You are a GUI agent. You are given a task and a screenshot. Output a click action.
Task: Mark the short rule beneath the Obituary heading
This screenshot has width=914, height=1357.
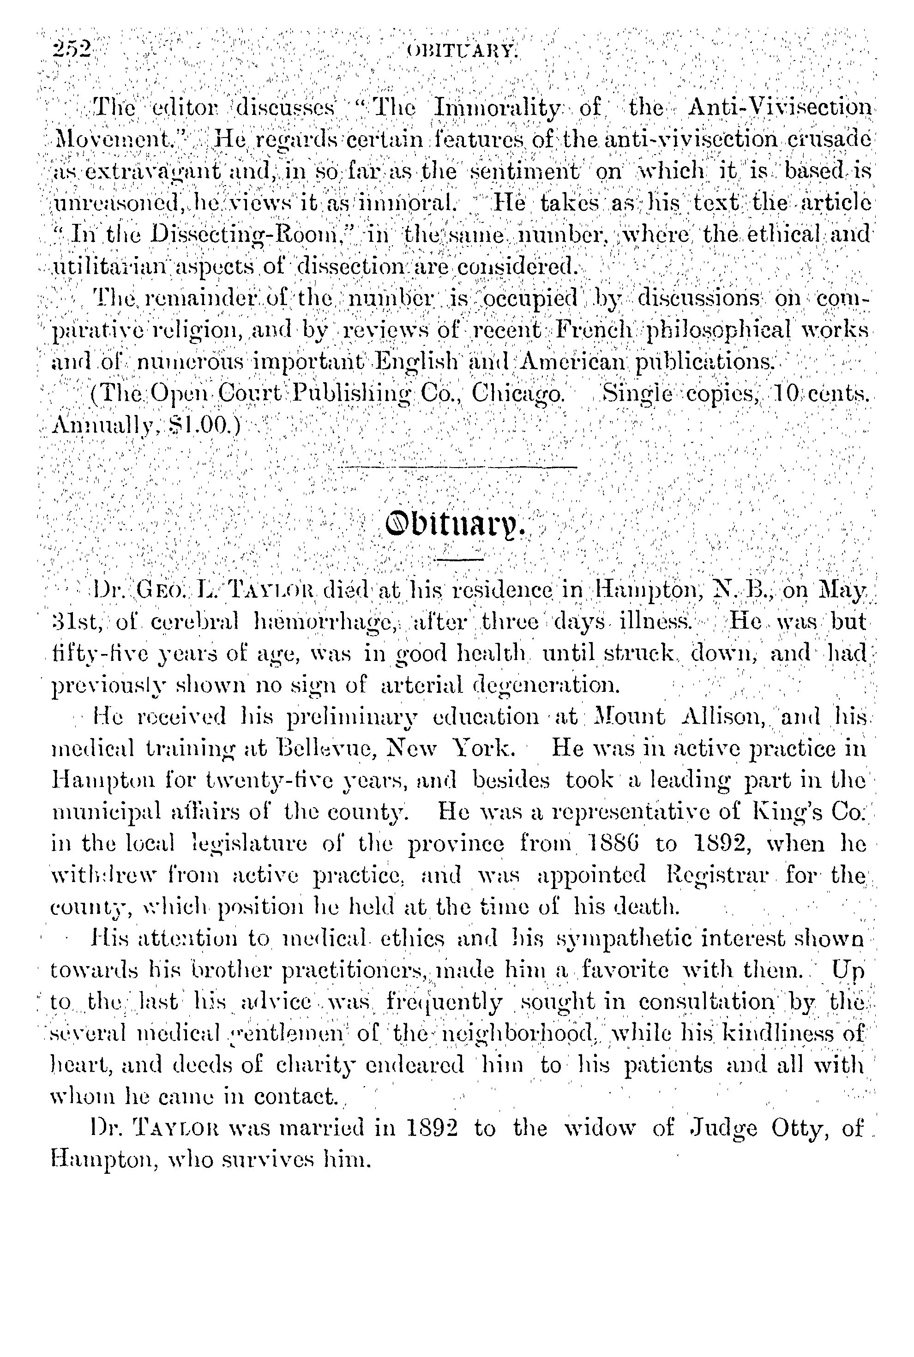[x=459, y=559]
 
